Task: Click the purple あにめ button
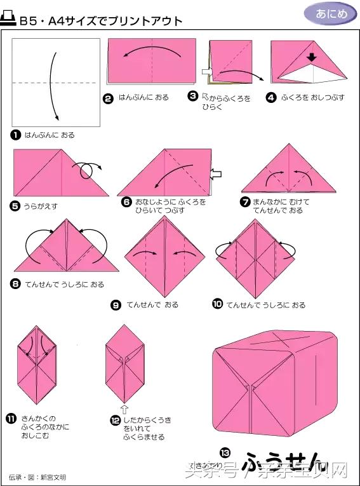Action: coord(331,13)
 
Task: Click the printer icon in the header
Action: coord(10,20)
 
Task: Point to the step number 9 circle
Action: coord(116,305)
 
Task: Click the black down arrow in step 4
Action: coord(311,58)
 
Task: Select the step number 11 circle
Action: coord(11,417)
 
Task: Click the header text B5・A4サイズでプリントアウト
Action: coord(102,21)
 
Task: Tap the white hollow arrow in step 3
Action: coord(206,71)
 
